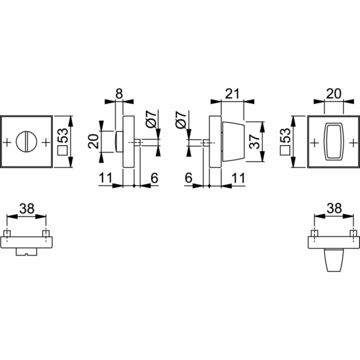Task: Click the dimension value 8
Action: click(x=119, y=94)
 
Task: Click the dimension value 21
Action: click(x=232, y=94)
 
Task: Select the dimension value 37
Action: click(x=254, y=142)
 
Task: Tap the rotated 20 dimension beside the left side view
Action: click(x=94, y=141)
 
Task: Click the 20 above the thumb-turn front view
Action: click(x=334, y=94)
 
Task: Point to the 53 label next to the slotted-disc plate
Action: click(x=62, y=136)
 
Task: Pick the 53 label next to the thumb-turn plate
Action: click(x=286, y=136)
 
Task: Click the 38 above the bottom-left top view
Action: click(x=27, y=209)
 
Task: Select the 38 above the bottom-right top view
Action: click(x=334, y=209)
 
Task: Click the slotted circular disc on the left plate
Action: click(x=26, y=142)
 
